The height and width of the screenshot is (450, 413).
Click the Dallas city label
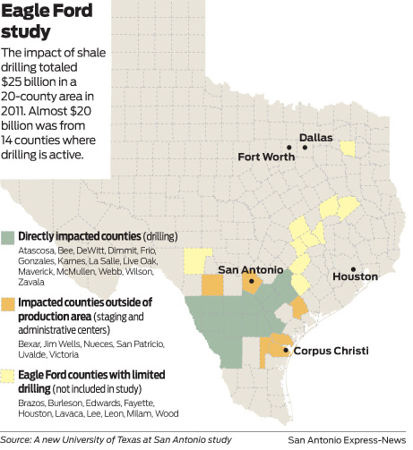point(315,138)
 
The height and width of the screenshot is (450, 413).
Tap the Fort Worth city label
point(267,157)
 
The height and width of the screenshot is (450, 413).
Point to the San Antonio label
point(251,269)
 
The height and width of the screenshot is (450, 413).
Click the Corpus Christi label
point(331,351)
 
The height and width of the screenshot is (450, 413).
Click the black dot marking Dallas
point(305,147)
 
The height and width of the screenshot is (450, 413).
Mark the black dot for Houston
point(354,268)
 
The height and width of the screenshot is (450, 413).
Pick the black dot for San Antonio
point(253,282)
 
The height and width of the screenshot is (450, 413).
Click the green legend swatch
point(9,236)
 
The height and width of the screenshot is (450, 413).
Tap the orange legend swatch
point(9,303)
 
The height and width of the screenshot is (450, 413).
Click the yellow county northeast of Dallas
point(347,148)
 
